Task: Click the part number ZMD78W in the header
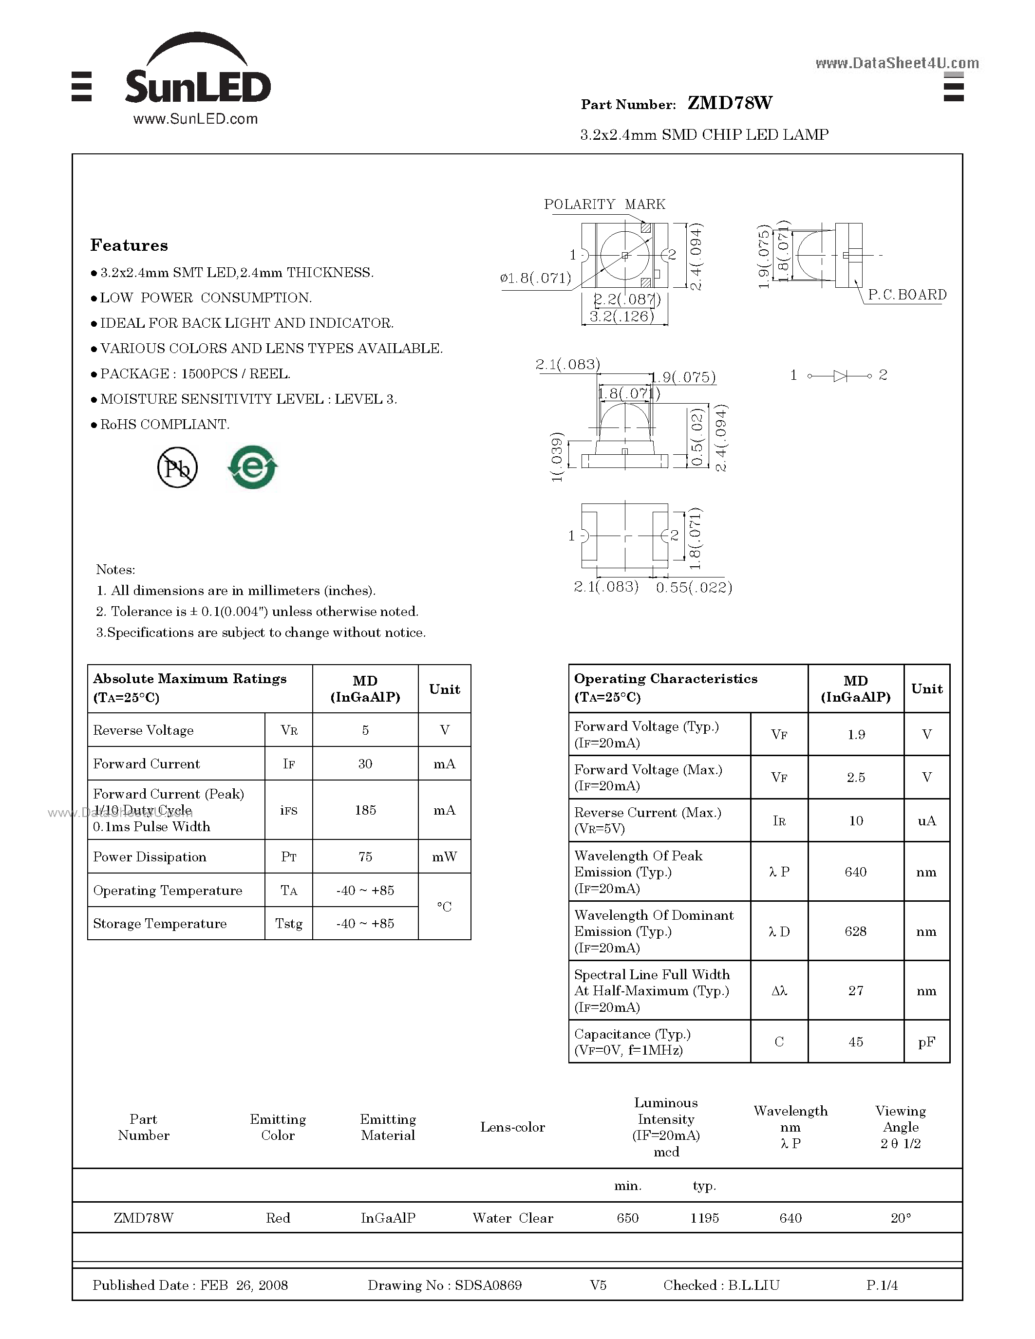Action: click(x=730, y=103)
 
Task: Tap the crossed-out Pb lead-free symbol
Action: click(x=177, y=468)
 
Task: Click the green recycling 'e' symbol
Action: click(x=253, y=468)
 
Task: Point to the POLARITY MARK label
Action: click(x=604, y=204)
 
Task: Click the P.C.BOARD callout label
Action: click(x=907, y=295)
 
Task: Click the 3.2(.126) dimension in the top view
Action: click(x=621, y=316)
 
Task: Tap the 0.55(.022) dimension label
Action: click(x=694, y=587)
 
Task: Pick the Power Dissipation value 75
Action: click(x=365, y=856)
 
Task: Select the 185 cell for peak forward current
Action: click(x=365, y=810)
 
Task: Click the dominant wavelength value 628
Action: click(x=855, y=931)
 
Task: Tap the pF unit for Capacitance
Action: click(x=926, y=1041)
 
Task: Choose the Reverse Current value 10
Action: click(x=855, y=820)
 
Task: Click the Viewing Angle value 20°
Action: click(x=900, y=1218)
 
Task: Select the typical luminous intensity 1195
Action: click(x=704, y=1218)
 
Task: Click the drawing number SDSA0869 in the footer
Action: click(x=488, y=1285)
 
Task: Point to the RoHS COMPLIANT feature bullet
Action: click(x=164, y=424)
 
